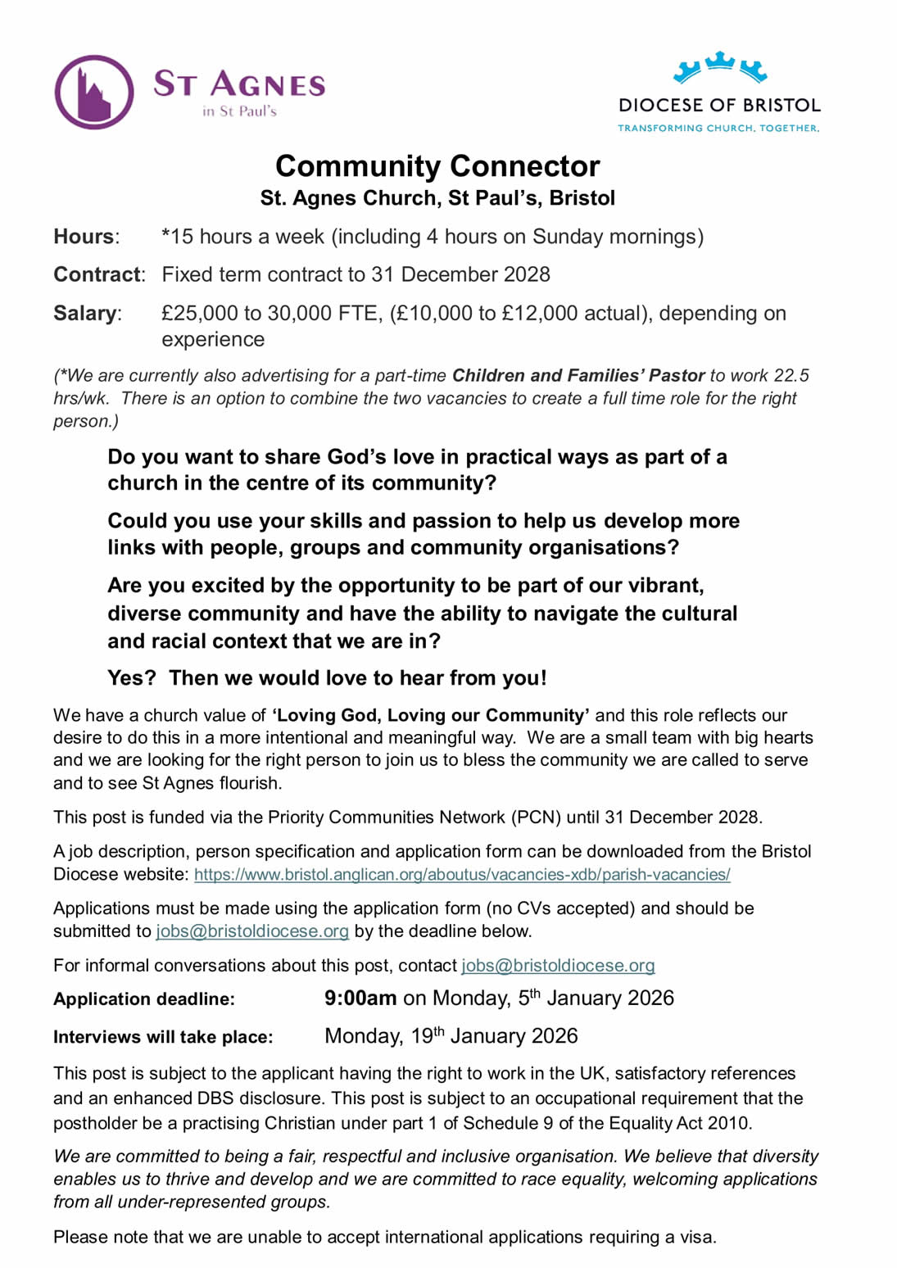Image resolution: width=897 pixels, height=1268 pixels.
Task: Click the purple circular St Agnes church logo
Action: tap(94, 92)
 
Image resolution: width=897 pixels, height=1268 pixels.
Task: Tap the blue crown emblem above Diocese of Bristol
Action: tap(719, 66)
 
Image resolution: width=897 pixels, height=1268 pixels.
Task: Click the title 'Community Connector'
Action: tap(437, 166)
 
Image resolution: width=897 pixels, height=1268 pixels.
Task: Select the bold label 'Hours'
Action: tap(84, 237)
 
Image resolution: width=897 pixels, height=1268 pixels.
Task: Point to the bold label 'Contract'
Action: tap(97, 274)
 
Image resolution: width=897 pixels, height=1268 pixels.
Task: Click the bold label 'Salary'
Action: tap(85, 313)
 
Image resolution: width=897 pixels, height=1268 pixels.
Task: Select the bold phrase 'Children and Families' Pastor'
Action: tap(578, 375)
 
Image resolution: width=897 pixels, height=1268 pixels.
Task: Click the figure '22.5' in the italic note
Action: tap(791, 375)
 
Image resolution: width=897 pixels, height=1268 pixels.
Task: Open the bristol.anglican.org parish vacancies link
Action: tap(462, 875)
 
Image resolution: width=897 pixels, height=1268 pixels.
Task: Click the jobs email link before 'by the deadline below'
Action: tap(252, 931)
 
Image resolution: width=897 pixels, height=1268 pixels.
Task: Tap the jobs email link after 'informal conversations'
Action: tap(558, 966)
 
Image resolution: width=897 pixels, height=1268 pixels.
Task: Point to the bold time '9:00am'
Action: tap(360, 999)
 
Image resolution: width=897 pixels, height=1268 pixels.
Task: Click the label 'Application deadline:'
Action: tap(144, 999)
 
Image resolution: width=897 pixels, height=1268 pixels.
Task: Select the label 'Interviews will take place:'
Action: tap(163, 1037)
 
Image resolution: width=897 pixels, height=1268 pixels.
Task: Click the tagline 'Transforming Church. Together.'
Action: tap(718, 128)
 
